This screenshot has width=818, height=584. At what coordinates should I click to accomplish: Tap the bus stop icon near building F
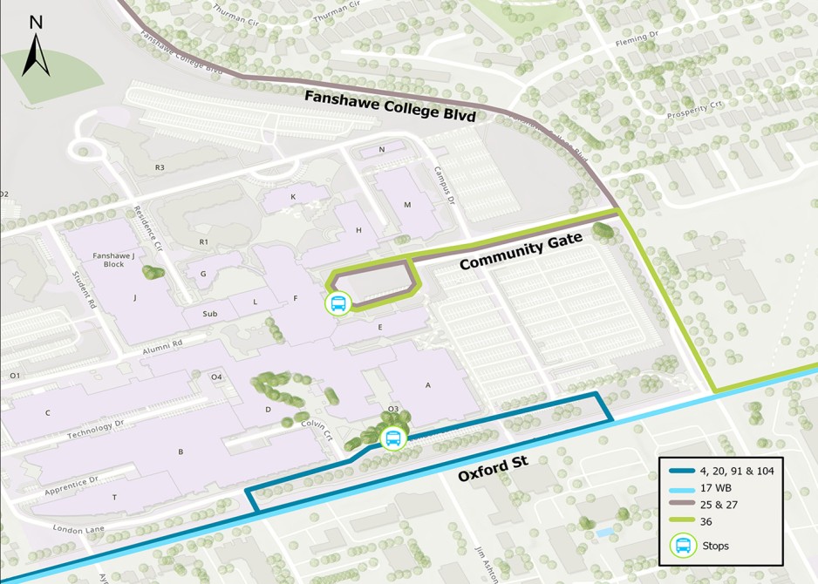click(337, 304)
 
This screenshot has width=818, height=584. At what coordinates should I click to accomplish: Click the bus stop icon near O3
click(393, 438)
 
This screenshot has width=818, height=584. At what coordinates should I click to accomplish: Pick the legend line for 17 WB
click(683, 490)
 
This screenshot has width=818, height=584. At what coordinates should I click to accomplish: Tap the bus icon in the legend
click(683, 546)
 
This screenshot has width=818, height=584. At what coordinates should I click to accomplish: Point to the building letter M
click(406, 204)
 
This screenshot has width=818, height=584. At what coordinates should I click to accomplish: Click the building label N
click(381, 150)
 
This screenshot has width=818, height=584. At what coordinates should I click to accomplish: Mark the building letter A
click(427, 385)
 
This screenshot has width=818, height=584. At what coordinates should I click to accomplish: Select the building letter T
click(114, 497)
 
